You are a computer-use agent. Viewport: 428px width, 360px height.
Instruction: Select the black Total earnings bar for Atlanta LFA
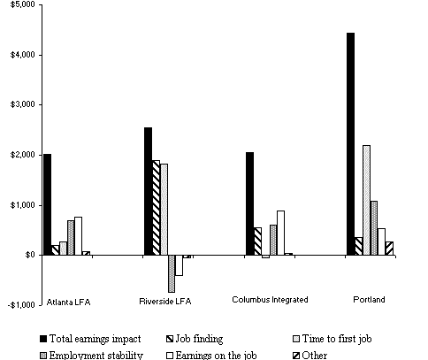[47, 204]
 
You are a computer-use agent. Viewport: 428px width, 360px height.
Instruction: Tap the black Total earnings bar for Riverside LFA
[148, 191]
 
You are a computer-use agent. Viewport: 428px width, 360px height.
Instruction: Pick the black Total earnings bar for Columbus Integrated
[249, 203]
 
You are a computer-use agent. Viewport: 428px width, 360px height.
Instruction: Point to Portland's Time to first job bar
[366, 200]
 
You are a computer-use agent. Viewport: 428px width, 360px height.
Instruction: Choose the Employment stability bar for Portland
[374, 227]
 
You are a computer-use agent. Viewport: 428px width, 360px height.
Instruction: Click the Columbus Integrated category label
[270, 300]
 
